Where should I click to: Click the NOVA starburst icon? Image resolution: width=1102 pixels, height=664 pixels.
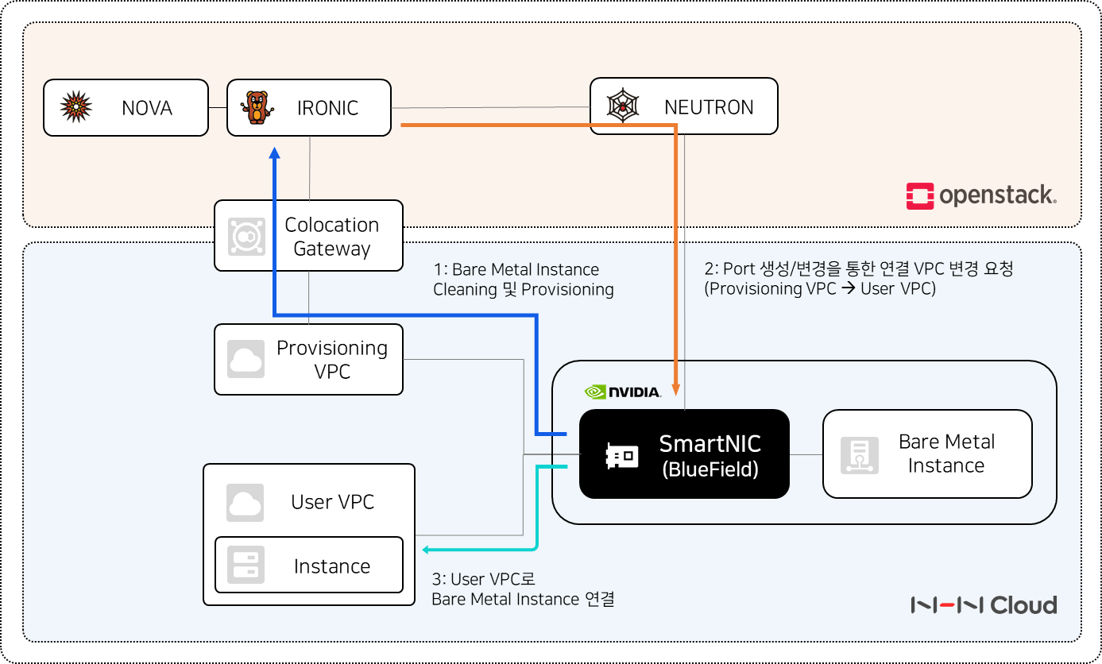(x=75, y=106)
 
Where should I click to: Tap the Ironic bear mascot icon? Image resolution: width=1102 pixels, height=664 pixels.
(x=257, y=107)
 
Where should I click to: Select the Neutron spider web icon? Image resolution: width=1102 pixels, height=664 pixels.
(x=623, y=106)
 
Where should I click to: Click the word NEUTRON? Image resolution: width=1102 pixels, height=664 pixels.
(x=709, y=107)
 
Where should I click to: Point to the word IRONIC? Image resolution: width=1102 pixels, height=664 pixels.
(x=327, y=108)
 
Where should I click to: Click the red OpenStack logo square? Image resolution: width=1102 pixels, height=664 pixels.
(x=920, y=195)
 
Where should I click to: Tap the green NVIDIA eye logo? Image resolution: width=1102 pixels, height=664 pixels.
(x=595, y=392)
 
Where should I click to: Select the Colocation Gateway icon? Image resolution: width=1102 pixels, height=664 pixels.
(x=246, y=237)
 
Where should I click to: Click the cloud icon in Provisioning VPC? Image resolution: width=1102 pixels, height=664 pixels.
(x=246, y=359)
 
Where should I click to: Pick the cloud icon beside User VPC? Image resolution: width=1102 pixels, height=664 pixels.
(x=245, y=503)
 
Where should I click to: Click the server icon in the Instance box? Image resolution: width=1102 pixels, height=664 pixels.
(x=246, y=565)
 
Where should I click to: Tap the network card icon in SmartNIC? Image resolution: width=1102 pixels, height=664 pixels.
(x=622, y=456)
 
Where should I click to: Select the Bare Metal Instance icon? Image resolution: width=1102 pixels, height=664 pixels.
(x=860, y=455)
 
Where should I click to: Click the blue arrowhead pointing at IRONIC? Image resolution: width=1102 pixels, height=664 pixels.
(x=275, y=152)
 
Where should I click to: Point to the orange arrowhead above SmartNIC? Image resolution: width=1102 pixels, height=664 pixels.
(x=676, y=389)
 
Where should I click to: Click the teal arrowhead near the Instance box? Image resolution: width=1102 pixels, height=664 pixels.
(x=426, y=550)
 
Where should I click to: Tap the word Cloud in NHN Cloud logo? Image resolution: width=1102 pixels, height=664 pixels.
(x=1023, y=605)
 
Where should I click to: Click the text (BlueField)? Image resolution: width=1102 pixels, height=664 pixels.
(x=710, y=469)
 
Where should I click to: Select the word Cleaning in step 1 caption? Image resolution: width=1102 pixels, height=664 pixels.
(x=465, y=289)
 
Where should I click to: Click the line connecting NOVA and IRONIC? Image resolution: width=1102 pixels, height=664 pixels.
(x=218, y=107)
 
